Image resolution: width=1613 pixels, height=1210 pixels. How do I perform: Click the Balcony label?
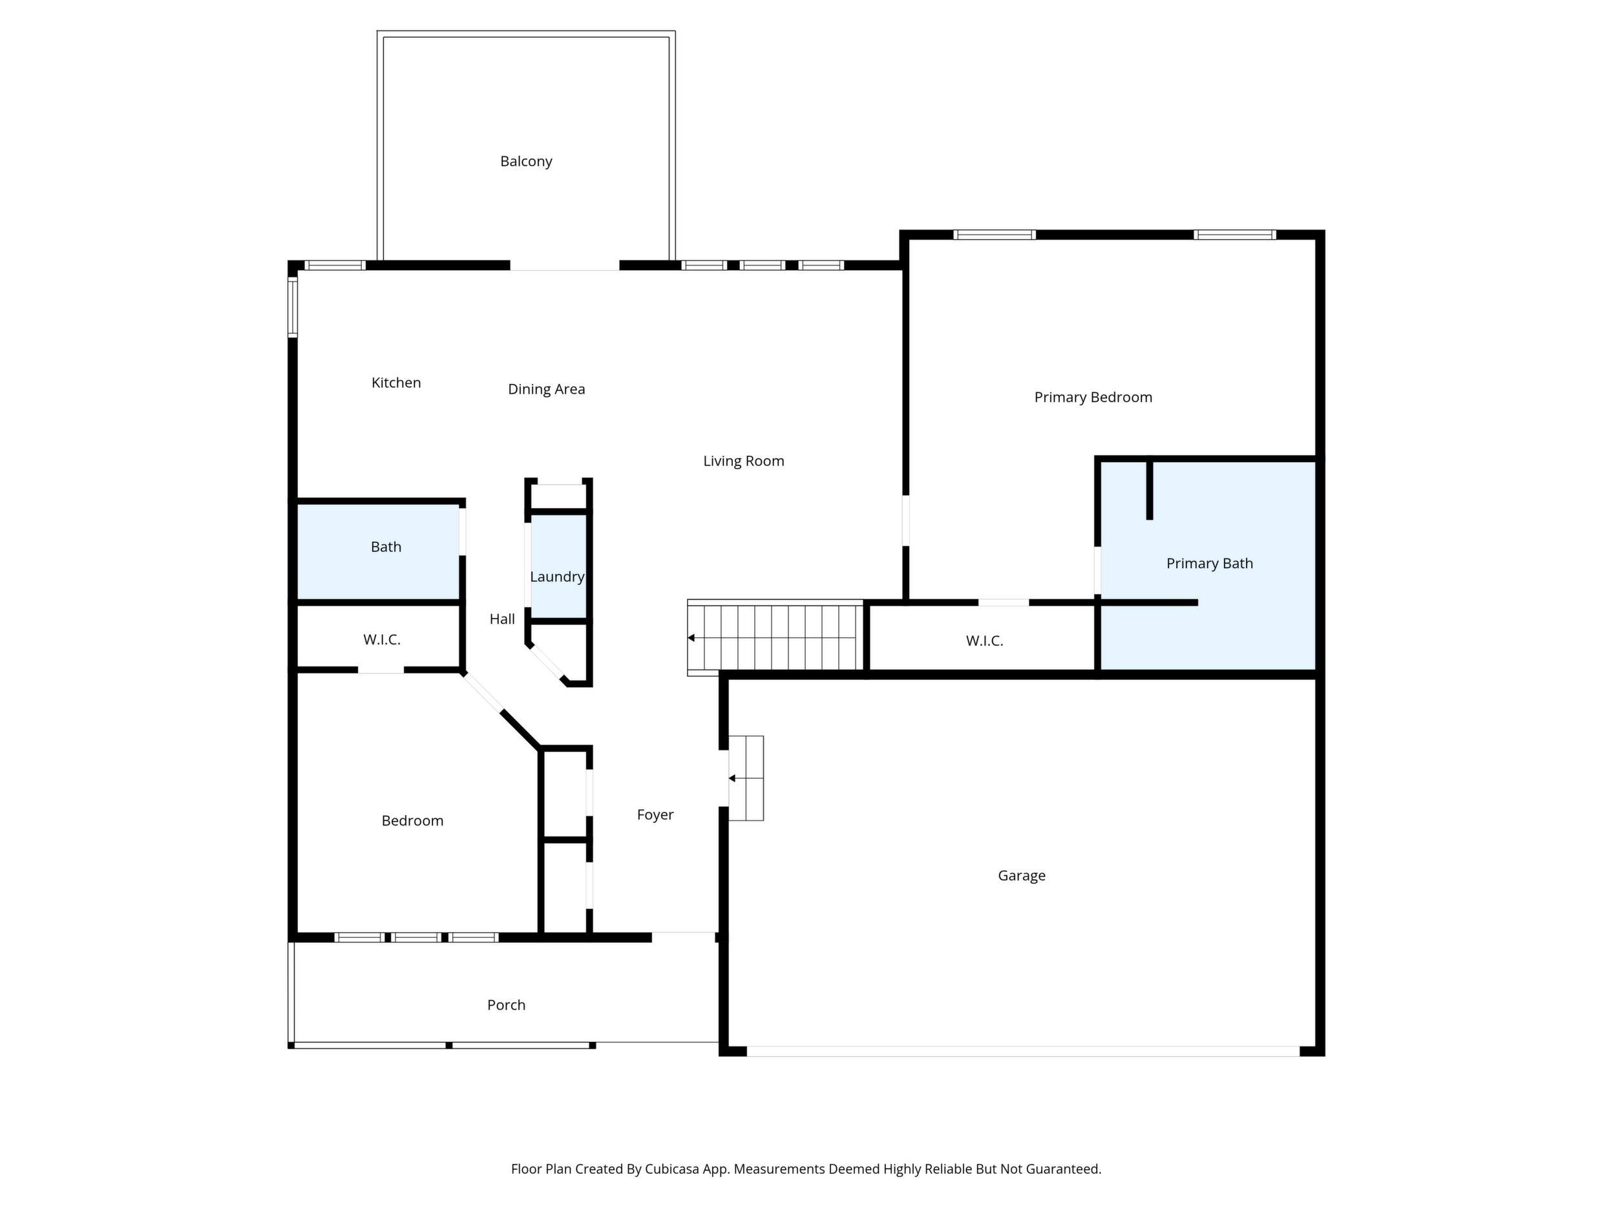(x=526, y=161)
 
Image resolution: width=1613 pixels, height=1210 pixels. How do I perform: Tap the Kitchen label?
(x=396, y=383)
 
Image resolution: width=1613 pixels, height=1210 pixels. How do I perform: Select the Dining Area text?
(x=546, y=390)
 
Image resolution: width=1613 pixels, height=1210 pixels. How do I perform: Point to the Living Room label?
(x=743, y=461)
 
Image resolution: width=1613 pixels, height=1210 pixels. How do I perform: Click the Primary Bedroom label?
(x=1093, y=398)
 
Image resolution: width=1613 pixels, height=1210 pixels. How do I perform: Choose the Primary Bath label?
(x=1209, y=563)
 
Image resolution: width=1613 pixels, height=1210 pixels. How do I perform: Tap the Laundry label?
(x=557, y=577)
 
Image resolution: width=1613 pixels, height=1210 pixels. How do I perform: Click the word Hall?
(x=501, y=619)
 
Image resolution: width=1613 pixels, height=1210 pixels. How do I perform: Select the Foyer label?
(x=655, y=814)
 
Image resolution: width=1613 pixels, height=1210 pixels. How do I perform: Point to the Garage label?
(x=1021, y=875)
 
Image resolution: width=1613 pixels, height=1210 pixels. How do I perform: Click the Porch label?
(x=506, y=1005)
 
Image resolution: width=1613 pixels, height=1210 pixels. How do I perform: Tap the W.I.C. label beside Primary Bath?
(x=984, y=641)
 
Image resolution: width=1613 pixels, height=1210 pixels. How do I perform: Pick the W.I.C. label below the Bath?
(x=381, y=640)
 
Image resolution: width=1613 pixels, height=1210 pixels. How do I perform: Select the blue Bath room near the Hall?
(x=379, y=551)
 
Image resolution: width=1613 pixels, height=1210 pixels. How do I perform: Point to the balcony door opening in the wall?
(x=564, y=266)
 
